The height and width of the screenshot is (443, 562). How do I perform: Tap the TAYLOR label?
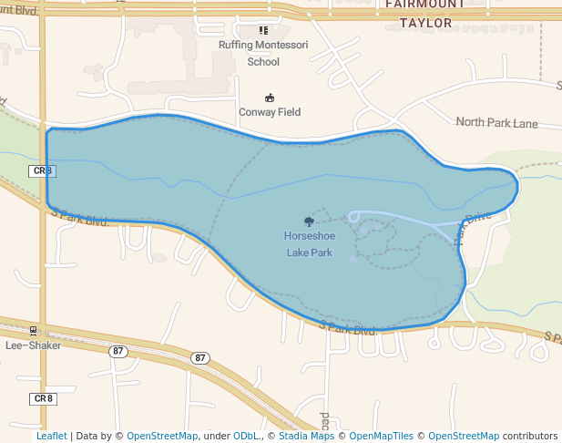(425, 23)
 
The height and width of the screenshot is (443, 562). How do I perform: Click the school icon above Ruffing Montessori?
(264, 30)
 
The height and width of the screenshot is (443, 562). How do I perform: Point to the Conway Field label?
(270, 112)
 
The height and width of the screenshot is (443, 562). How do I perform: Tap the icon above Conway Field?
(270, 98)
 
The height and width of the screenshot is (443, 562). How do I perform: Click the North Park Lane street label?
(496, 123)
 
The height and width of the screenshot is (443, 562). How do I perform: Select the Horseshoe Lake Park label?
(309, 244)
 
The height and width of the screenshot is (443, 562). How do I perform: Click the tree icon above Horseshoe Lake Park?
(309, 221)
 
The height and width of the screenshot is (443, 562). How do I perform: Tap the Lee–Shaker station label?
(33, 345)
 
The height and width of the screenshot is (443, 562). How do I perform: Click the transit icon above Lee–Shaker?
(34, 331)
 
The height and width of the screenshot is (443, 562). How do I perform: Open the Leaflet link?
(51, 436)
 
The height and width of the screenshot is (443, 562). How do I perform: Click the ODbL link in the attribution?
(246, 436)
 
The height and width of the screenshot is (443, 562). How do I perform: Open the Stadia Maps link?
(306, 436)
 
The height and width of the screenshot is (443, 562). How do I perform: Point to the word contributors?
(529, 436)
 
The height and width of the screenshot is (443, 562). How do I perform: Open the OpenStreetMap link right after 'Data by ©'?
(161, 436)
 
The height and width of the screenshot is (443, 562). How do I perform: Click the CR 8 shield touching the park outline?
(43, 170)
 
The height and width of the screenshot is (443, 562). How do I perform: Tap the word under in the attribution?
(216, 436)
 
